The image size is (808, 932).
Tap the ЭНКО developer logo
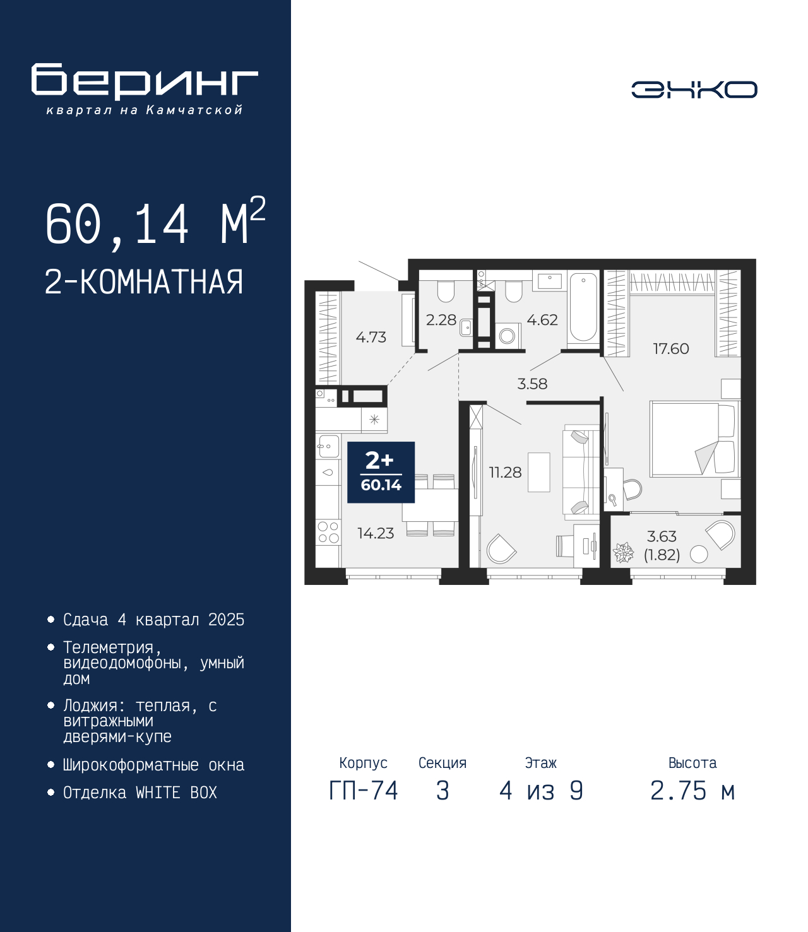(x=694, y=89)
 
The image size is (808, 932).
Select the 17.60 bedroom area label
(x=671, y=348)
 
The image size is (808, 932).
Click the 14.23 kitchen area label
(x=376, y=533)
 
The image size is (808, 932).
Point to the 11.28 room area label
(x=505, y=472)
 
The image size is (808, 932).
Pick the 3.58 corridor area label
(x=532, y=384)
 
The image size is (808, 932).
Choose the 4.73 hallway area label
(x=371, y=337)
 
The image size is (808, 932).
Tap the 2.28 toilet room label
(x=441, y=320)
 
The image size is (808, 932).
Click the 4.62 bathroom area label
(x=542, y=320)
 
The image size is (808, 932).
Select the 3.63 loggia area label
(x=662, y=536)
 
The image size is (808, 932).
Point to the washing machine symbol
(x=508, y=336)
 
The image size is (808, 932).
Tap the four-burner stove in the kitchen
(x=328, y=532)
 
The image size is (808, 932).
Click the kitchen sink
(x=328, y=446)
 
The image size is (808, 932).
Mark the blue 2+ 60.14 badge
(x=381, y=472)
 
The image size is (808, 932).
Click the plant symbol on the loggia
(x=623, y=553)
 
